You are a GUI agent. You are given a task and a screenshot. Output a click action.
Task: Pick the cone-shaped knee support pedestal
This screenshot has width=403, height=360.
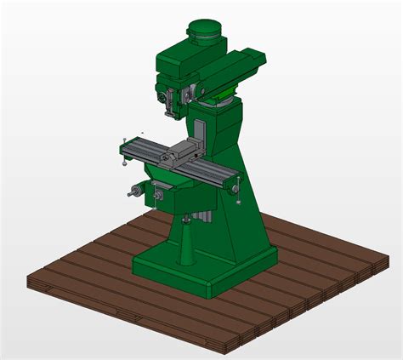click(184, 247)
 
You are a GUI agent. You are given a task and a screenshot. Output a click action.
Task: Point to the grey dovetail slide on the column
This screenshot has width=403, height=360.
click(200, 136)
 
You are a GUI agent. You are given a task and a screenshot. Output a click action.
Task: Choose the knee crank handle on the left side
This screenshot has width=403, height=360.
click(133, 191)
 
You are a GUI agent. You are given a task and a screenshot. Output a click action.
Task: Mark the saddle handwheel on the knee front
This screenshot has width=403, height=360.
click(158, 197)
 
